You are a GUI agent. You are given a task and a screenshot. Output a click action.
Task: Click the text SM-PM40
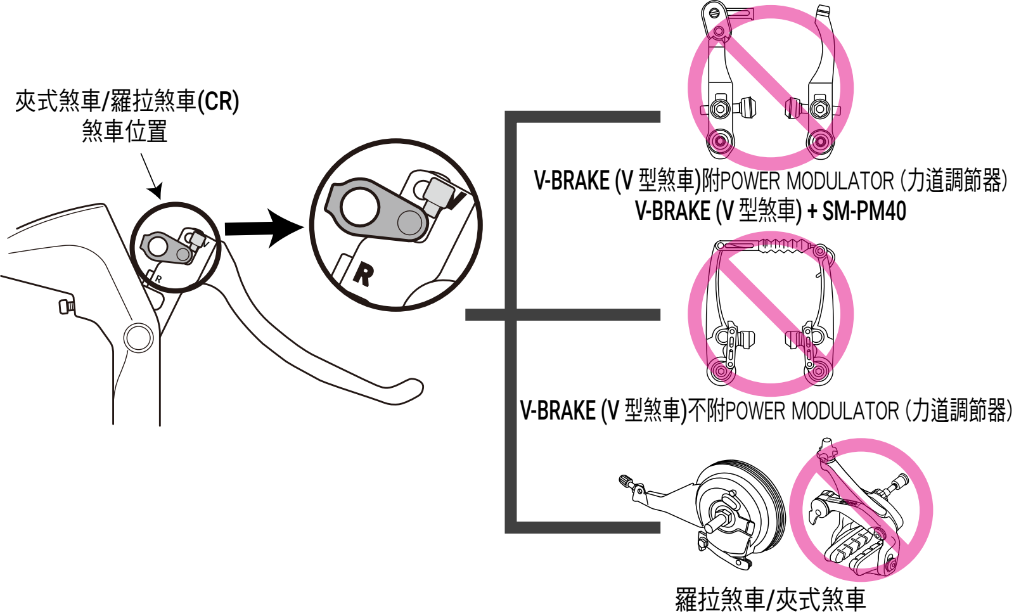tap(864, 211)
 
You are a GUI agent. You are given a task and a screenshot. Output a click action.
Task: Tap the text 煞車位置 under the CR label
tap(125, 131)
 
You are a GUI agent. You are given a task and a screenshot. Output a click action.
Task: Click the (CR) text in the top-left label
tap(219, 101)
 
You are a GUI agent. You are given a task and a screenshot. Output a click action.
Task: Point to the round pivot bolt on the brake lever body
tap(138, 338)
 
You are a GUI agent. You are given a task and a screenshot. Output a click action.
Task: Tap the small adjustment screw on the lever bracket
tap(66, 306)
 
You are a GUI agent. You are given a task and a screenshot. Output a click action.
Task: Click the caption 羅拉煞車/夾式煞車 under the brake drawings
tap(770, 599)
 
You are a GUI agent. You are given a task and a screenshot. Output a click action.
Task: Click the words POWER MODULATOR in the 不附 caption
tap(812, 411)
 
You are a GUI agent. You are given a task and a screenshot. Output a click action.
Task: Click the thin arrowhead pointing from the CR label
tap(156, 189)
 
